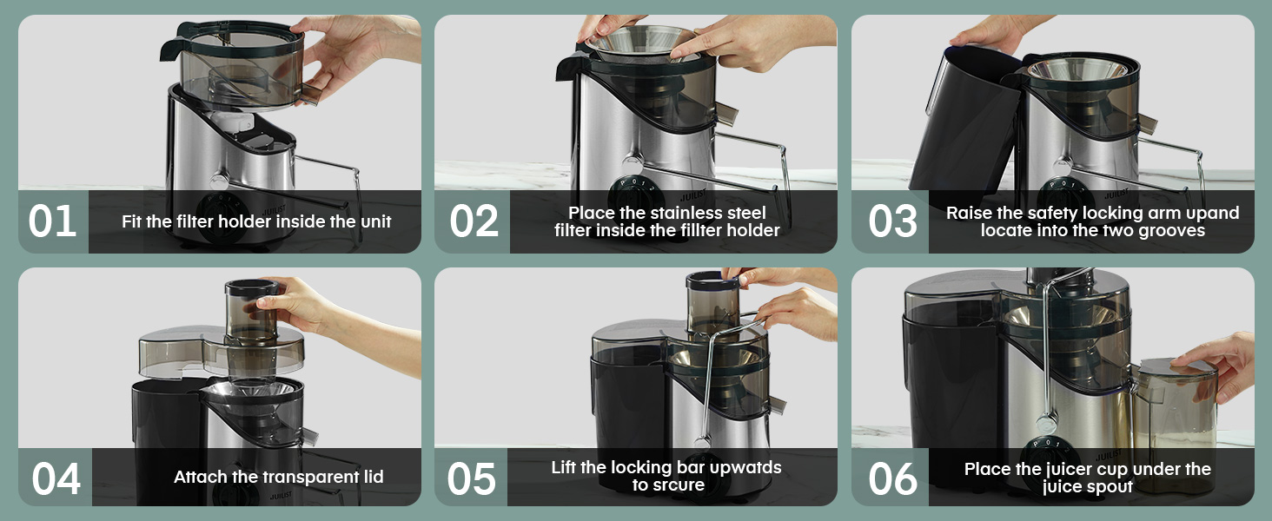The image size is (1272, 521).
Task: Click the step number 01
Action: click(52, 221)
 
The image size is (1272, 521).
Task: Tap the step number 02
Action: click(474, 221)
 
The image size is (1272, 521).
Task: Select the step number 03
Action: click(892, 221)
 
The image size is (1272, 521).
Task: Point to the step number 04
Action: click(56, 478)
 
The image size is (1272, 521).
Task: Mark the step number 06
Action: click(892, 478)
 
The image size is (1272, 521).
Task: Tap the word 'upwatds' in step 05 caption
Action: click(739, 467)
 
